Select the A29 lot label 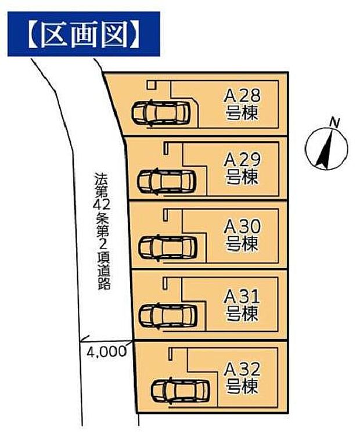[x=242, y=159]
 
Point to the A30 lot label [x=242, y=226]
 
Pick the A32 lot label [x=242, y=368]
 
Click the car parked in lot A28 [x=161, y=113]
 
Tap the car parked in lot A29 [x=167, y=180]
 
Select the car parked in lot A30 [x=168, y=247]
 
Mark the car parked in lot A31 [x=168, y=315]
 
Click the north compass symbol [x=326, y=149]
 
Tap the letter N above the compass [x=334, y=122]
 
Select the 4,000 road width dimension [x=106, y=351]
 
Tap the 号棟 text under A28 [x=242, y=112]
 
